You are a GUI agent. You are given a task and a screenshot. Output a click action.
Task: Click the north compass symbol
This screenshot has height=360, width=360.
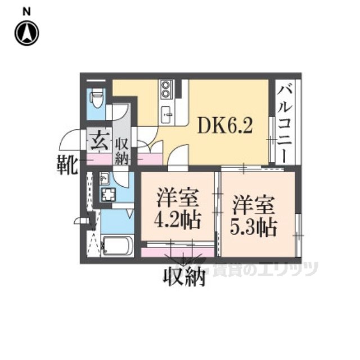click(x=27, y=33)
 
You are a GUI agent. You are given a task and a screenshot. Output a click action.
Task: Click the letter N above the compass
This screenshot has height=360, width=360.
click(x=26, y=12)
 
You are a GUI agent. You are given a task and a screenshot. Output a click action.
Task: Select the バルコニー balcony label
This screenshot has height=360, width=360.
click(x=284, y=124)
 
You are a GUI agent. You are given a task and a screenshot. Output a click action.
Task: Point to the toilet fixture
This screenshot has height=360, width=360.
click(x=97, y=99)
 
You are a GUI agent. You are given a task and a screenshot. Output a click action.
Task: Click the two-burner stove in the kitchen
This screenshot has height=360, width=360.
click(x=166, y=89)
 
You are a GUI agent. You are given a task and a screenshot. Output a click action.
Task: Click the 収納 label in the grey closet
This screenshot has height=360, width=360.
click(x=121, y=151)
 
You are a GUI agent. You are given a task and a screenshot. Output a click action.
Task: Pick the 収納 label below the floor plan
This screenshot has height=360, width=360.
click(x=184, y=277)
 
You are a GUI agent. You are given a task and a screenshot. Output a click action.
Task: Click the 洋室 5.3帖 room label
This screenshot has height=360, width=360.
click(x=254, y=215)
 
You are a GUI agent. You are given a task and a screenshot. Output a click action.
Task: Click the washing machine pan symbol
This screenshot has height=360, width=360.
click(x=109, y=195)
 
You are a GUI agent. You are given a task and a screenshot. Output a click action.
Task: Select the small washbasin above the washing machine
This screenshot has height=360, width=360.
click(x=105, y=178)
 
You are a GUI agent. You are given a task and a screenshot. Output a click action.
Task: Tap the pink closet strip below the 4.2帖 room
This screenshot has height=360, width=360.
click(x=178, y=253)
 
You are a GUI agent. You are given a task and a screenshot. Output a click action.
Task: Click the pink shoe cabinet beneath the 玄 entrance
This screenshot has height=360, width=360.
click(x=100, y=160)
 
